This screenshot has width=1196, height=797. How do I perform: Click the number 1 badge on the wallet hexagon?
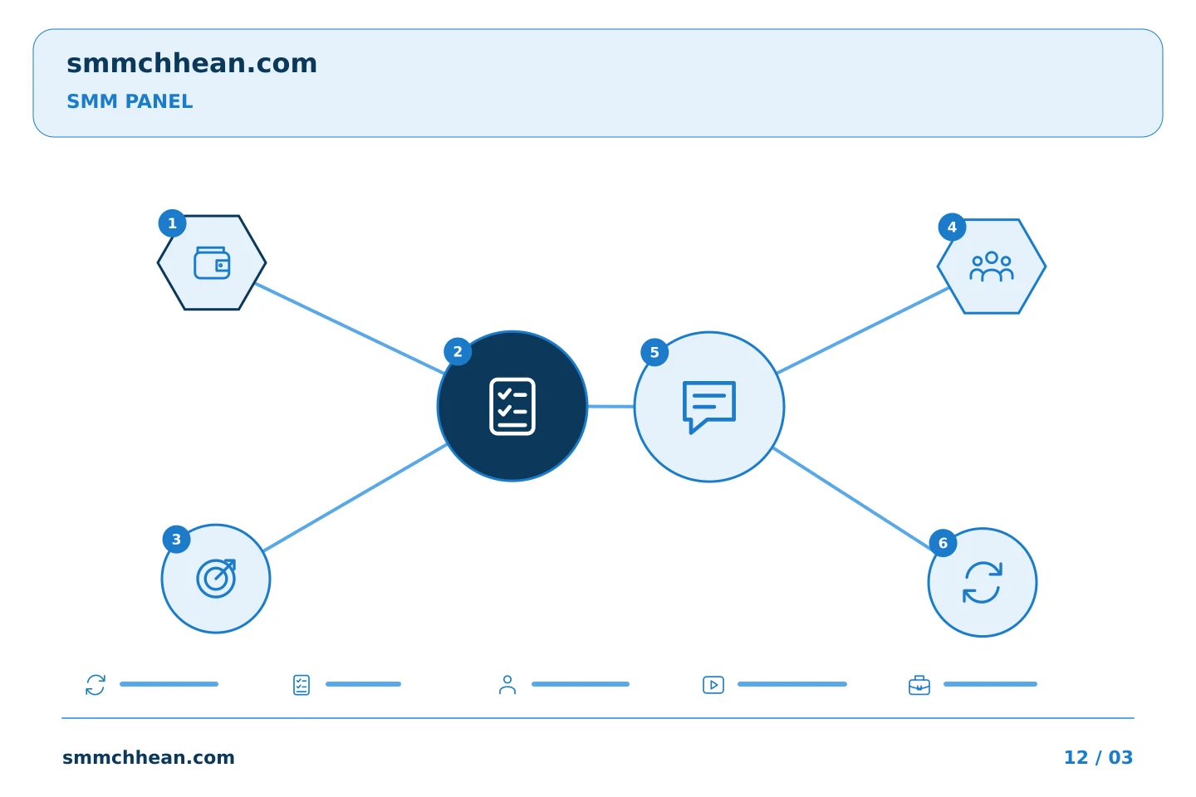pos(172,223)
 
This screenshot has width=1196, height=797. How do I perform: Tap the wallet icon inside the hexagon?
pos(212,262)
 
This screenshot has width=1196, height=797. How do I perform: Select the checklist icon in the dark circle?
pos(512,406)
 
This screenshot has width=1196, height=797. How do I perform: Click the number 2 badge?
pos(458,352)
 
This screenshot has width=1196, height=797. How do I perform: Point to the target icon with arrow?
pos(216,579)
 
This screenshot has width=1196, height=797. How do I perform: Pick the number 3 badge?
pos(176,540)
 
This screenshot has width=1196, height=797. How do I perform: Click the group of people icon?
pos(992,266)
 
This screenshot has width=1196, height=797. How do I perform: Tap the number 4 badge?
pos(952,227)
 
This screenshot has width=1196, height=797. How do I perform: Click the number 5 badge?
pos(654,352)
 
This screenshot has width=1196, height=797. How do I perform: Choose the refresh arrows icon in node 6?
pos(983,583)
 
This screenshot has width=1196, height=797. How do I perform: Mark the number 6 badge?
pos(943,544)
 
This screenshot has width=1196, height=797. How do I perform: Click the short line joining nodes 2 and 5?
pos(610,407)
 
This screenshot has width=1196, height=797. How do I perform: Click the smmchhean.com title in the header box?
pos(192,64)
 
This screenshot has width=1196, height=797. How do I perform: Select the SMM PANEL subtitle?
pos(130,101)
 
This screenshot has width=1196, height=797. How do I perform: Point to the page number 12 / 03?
pos(1098,757)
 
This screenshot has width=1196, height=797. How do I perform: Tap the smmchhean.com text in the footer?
pos(149,757)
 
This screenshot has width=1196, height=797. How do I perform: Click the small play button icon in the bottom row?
pos(713,685)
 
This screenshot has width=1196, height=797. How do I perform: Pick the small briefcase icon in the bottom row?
pos(919,686)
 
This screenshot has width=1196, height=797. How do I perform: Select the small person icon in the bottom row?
pos(507,685)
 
